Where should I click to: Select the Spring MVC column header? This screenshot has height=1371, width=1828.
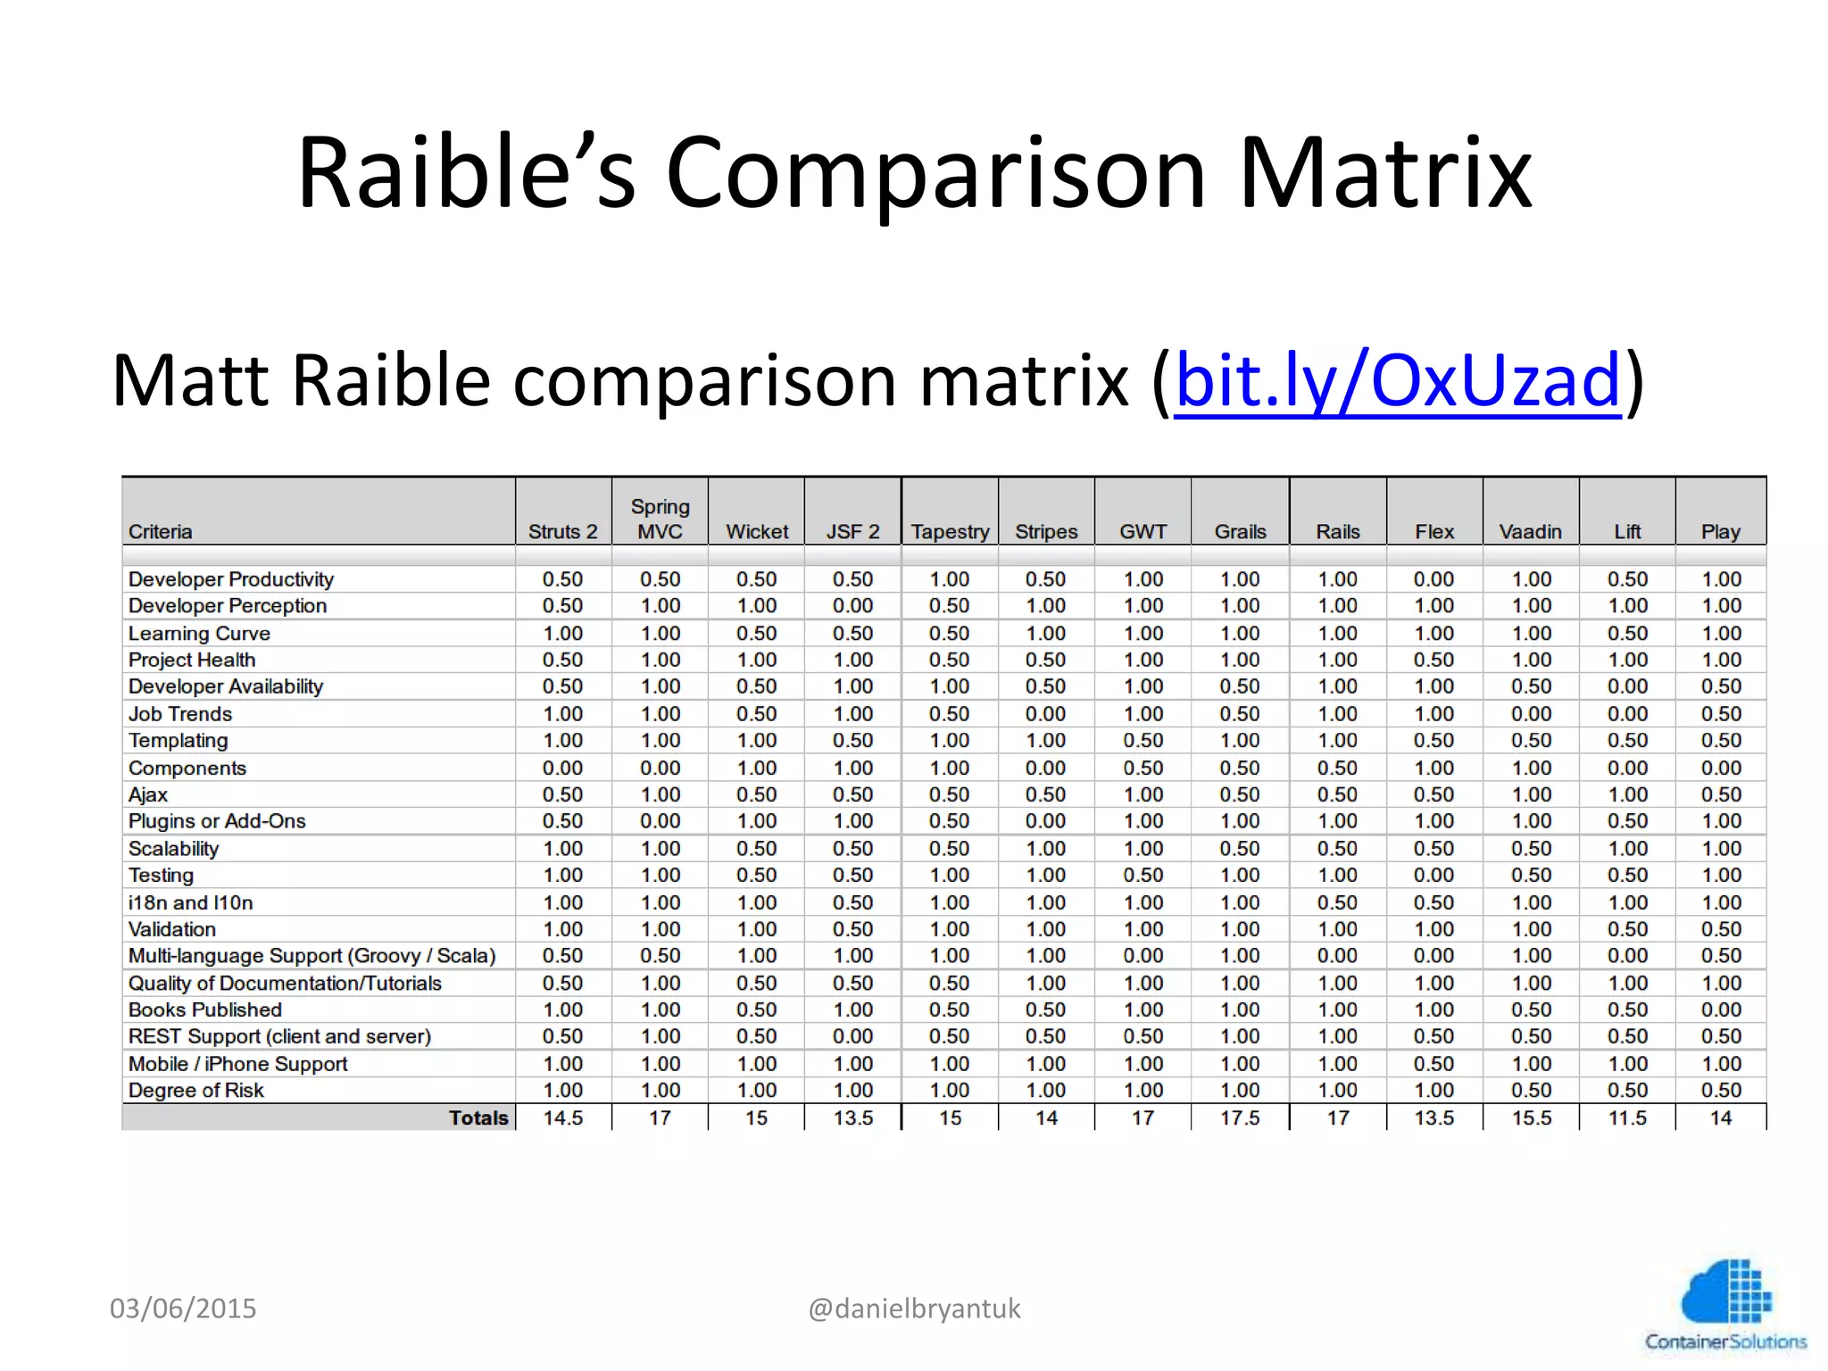(660, 519)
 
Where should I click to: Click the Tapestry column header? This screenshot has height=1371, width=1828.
(950, 532)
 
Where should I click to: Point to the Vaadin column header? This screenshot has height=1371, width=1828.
(1530, 532)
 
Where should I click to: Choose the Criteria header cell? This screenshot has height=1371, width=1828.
(161, 532)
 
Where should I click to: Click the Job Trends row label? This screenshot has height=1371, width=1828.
(180, 714)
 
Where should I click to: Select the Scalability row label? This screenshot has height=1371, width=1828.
(173, 849)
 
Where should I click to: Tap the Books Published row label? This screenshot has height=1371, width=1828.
(205, 1010)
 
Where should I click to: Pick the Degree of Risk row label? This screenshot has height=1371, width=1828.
(196, 1091)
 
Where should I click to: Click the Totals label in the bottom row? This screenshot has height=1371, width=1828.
(478, 1118)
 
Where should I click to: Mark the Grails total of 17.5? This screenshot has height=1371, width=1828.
(1240, 1118)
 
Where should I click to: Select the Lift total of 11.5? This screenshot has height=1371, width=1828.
(1627, 1118)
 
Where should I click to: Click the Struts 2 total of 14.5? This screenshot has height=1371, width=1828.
(562, 1118)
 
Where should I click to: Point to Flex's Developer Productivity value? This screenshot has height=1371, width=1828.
(1433, 579)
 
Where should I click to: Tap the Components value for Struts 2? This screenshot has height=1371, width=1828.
(562, 768)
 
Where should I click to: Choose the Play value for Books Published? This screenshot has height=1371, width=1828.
(1720, 1010)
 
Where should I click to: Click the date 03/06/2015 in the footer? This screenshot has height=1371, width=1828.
(183, 1309)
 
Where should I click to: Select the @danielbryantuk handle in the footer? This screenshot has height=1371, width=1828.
(914, 1309)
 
